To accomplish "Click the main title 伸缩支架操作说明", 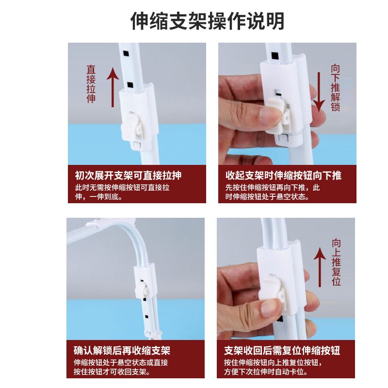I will pyautogui.click(x=208, y=21).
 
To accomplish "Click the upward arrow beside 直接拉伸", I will pyautogui.click(x=113, y=87).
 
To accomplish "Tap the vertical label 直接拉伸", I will pyautogui.click(x=91, y=84).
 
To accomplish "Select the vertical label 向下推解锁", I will pyautogui.click(x=335, y=88).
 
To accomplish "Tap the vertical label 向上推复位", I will pyautogui.click(x=336, y=262).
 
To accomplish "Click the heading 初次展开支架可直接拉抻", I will pyautogui.click(x=129, y=176).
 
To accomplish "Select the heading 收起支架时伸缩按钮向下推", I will pyautogui.click(x=283, y=176).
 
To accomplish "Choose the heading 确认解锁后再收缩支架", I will pyautogui.click(x=122, y=350).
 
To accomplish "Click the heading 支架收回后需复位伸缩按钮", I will pyautogui.click(x=282, y=350).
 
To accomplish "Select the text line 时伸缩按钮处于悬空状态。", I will pyautogui.click(x=267, y=197).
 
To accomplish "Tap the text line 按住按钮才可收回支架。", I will pyautogui.click(x=112, y=372).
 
